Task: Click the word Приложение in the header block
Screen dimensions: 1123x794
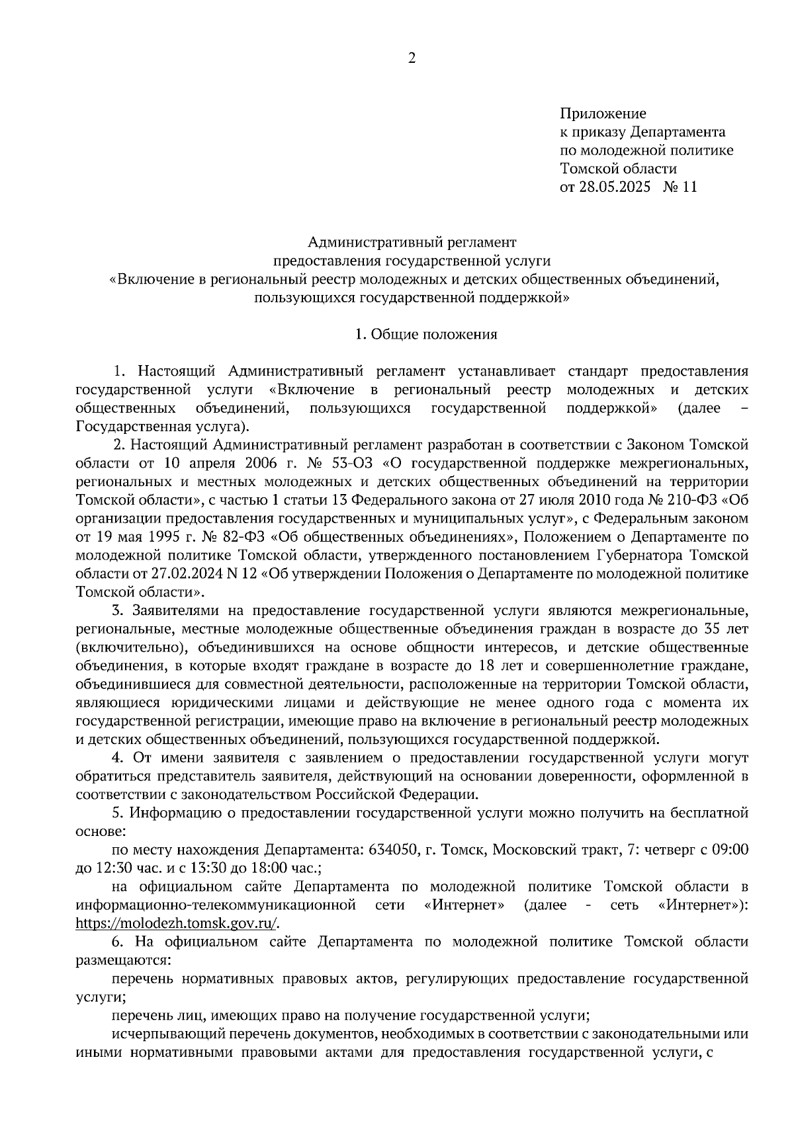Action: click(x=603, y=114)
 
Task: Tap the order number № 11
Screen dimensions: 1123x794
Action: click(x=680, y=187)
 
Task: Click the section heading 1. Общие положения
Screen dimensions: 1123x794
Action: click(x=426, y=335)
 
